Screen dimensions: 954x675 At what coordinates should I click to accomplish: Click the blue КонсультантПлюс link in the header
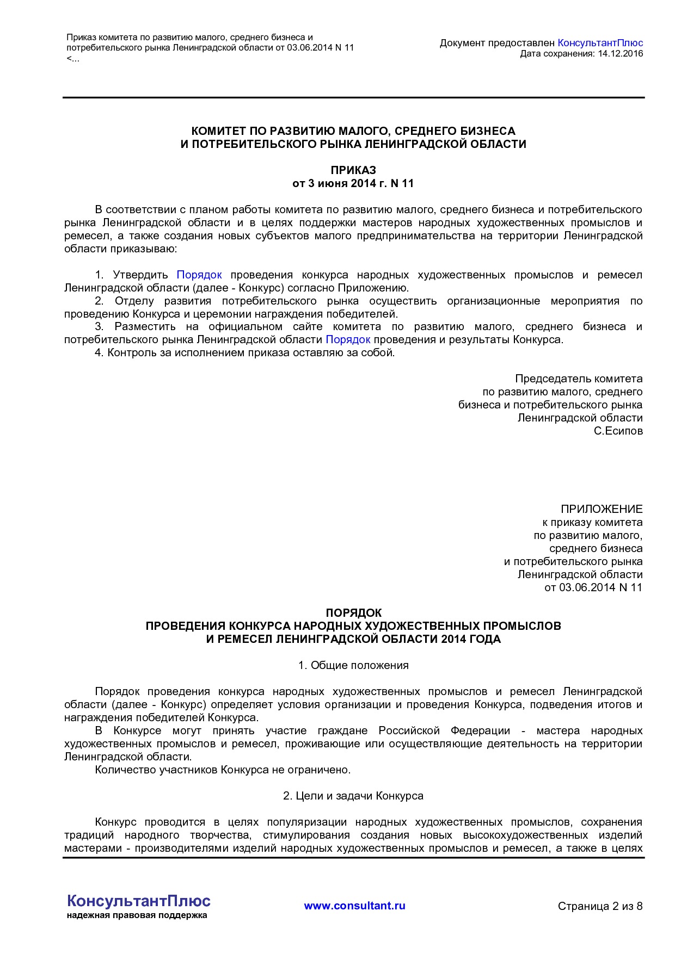(600, 43)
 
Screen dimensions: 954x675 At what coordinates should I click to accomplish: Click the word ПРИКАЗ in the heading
(353, 170)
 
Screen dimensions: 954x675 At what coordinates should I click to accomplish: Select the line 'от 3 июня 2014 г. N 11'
(353, 183)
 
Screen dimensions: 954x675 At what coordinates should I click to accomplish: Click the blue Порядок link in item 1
(199, 275)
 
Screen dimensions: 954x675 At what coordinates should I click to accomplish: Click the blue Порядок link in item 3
(348, 339)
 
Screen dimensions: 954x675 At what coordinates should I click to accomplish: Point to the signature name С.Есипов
(618, 431)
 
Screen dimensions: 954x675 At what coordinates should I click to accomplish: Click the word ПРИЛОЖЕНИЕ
(602, 509)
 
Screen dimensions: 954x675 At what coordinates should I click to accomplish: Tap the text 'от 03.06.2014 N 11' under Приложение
(593, 587)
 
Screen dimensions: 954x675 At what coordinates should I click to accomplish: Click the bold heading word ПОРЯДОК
(353, 613)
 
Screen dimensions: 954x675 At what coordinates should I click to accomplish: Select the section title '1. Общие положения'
(353, 665)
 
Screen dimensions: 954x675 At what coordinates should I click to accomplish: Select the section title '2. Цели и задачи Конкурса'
(353, 796)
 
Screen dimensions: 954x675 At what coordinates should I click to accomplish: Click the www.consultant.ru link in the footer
(354, 906)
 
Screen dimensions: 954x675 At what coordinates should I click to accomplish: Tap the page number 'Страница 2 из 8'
(600, 906)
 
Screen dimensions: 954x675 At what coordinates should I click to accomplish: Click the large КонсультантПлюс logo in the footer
(138, 901)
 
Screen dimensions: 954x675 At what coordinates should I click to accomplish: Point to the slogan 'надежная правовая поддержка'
(137, 915)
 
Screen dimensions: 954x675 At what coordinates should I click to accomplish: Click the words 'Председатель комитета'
(579, 379)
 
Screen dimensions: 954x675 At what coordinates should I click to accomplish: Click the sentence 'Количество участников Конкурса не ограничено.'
(223, 770)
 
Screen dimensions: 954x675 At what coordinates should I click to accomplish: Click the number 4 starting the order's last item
(98, 352)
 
